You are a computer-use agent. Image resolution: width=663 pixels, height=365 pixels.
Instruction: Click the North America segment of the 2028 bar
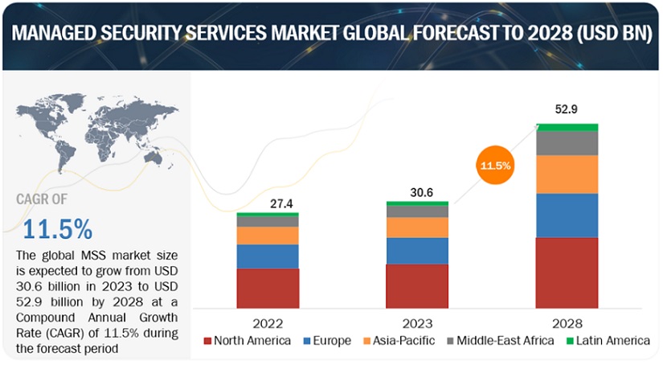pos(567,272)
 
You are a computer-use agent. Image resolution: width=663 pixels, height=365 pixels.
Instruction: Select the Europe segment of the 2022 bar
pos(268,256)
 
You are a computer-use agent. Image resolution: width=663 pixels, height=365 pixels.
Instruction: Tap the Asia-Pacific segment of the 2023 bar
pos(417,228)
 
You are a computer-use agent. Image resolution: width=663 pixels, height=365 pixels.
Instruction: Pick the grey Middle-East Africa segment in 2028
pos(567,142)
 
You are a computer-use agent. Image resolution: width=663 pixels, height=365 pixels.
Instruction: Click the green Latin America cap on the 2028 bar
pos(567,126)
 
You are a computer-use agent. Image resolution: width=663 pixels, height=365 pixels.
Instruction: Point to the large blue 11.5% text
pos(57,228)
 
